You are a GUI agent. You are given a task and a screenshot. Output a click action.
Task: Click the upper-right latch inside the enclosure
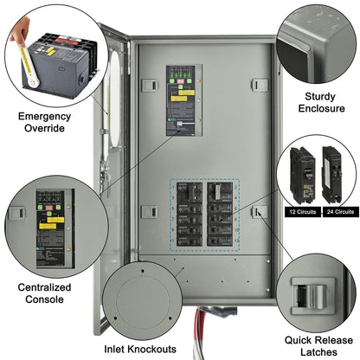[258, 84]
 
